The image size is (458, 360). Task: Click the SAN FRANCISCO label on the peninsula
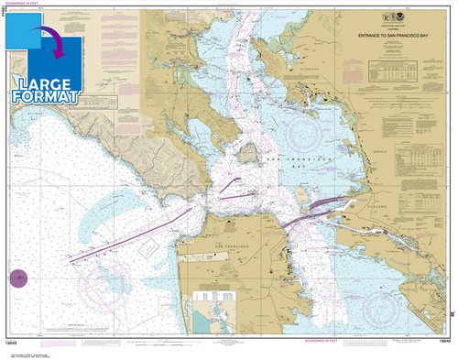233,247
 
